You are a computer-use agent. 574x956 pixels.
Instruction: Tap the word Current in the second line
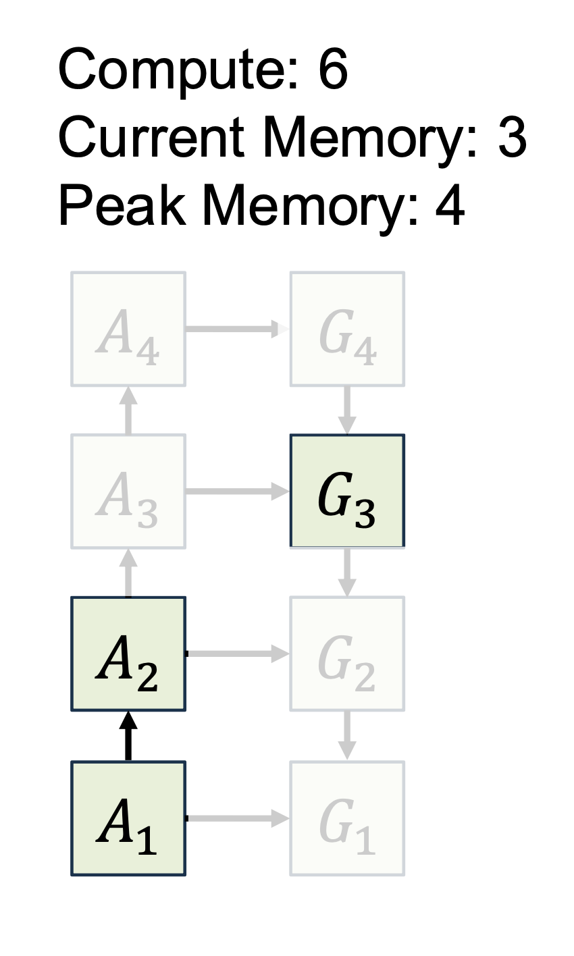(151, 136)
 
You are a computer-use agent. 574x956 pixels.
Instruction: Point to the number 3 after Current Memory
(512, 137)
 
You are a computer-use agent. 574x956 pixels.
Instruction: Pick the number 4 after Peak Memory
(449, 205)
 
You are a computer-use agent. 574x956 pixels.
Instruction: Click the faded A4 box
(128, 329)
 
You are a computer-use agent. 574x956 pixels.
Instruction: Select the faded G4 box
(347, 329)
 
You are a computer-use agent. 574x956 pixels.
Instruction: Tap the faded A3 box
(128, 492)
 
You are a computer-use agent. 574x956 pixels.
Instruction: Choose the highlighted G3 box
(347, 491)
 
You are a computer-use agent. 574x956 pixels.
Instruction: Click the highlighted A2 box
(128, 654)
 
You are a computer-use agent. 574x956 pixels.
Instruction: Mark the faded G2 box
(347, 654)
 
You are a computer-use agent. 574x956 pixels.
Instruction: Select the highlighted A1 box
(128, 818)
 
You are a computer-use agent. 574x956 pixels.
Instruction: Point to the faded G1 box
(347, 818)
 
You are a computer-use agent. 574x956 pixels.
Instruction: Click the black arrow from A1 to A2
(128, 736)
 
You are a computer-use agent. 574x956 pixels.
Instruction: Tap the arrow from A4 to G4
(238, 329)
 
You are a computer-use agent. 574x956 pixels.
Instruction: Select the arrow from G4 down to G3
(347, 410)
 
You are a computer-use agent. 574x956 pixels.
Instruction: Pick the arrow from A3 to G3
(238, 492)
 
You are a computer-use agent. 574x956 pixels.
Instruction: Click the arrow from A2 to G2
(238, 654)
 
